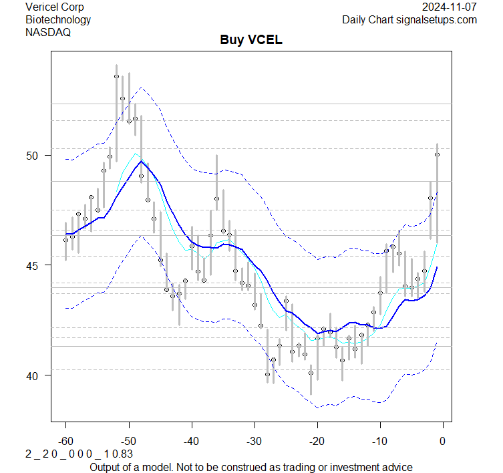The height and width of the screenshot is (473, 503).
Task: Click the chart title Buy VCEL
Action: pyautogui.click(x=251, y=40)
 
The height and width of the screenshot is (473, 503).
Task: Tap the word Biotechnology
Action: pyautogui.click(x=58, y=19)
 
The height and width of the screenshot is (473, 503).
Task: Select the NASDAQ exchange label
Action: pyautogui.click(x=47, y=31)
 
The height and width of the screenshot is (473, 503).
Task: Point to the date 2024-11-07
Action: pyautogui.click(x=450, y=7)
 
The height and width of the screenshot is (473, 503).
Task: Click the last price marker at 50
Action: pyautogui.click(x=437, y=154)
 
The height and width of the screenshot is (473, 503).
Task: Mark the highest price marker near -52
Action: pyautogui.click(x=116, y=77)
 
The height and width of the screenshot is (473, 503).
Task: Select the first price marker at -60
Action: pyautogui.click(x=65, y=240)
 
